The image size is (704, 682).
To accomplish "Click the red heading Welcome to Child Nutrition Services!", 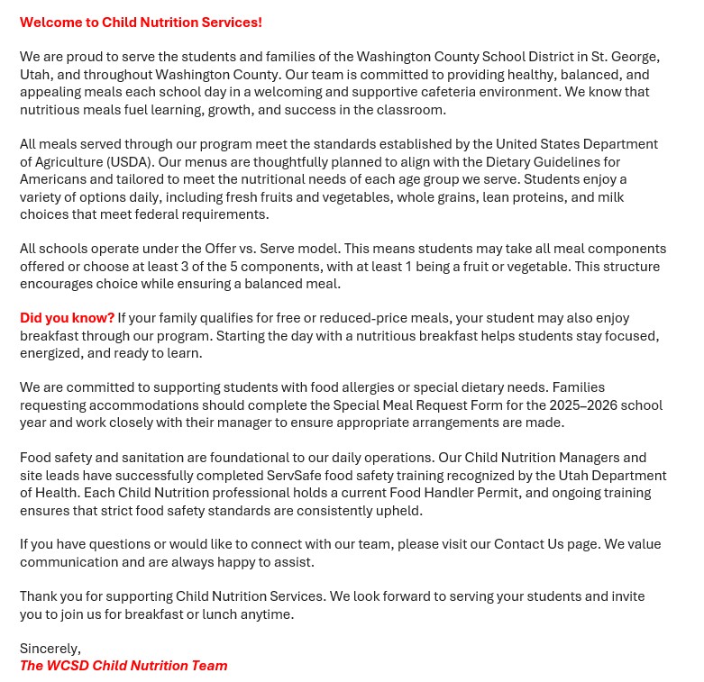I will (141, 23).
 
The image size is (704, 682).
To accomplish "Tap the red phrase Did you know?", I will (67, 318).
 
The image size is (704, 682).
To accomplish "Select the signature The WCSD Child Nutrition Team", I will (123, 666).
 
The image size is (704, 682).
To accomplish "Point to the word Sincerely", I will (50, 649).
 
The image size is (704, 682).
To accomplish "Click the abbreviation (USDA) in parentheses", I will (130, 162).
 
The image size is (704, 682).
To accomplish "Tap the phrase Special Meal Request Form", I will (418, 405).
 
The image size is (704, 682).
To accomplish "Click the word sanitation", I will (131, 458).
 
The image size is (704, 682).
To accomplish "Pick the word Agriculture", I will (69, 162).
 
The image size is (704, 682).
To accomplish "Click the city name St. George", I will (626, 57).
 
